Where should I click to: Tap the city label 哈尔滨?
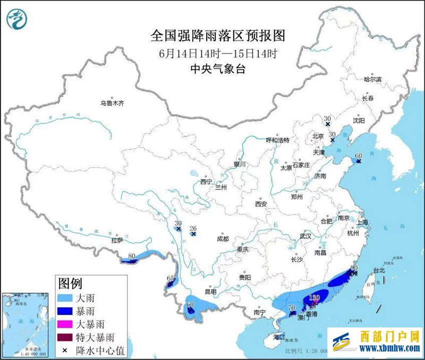(372, 79)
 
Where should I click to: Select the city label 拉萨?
(117, 240)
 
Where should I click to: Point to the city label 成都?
(223, 239)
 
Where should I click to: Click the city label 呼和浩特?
(277, 140)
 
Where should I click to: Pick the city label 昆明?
(210, 291)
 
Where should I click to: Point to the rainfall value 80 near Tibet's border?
(131, 256)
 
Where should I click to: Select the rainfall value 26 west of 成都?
(193, 228)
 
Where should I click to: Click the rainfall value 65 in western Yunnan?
(171, 278)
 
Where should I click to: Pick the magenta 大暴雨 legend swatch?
(70, 323)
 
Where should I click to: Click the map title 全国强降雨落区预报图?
(218, 36)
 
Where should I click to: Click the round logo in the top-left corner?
(18, 20)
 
